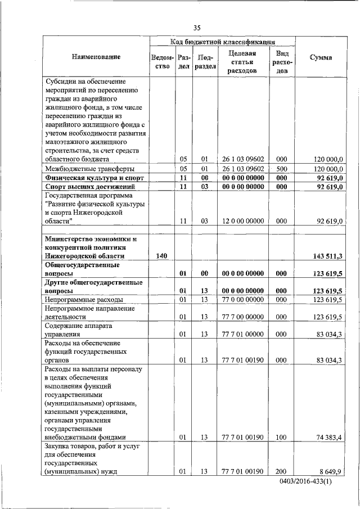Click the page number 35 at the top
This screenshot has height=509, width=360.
click(x=197, y=28)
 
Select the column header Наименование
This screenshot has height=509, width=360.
click(x=96, y=57)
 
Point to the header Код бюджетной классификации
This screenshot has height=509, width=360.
click(x=222, y=42)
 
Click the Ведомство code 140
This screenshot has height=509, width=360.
click(x=161, y=256)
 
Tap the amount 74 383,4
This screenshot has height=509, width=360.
click(x=329, y=436)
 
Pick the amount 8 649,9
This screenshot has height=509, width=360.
click(x=331, y=471)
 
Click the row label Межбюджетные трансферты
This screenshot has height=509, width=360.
click(x=89, y=168)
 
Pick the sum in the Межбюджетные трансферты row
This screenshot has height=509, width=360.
click(x=328, y=168)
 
